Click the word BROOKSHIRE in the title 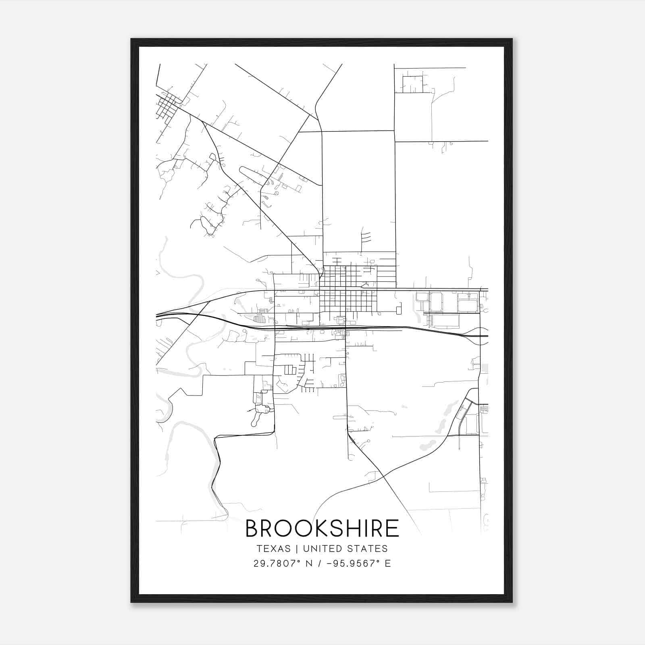coord(322,528)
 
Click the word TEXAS coord(273,549)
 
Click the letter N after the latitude coord(310,564)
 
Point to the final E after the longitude coord(388,564)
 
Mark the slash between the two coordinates coord(320,564)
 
